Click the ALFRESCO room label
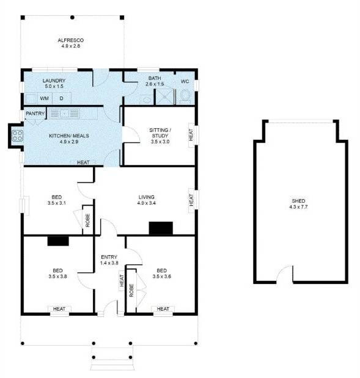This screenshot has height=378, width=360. [x=70, y=40]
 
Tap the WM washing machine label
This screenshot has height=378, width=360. [x=45, y=98]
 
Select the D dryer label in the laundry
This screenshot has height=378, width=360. [x=61, y=98]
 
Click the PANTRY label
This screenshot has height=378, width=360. [x=35, y=114]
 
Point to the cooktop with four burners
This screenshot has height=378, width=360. [x=17, y=136]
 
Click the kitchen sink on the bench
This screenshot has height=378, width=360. [x=63, y=113]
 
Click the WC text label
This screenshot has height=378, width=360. [x=185, y=81]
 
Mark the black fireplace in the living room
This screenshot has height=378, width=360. [x=161, y=228]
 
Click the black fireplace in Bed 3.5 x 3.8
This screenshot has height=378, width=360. [x=57, y=241]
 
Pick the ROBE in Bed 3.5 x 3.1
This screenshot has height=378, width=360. [x=87, y=220]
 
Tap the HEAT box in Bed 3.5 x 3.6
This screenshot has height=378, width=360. [x=163, y=309]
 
